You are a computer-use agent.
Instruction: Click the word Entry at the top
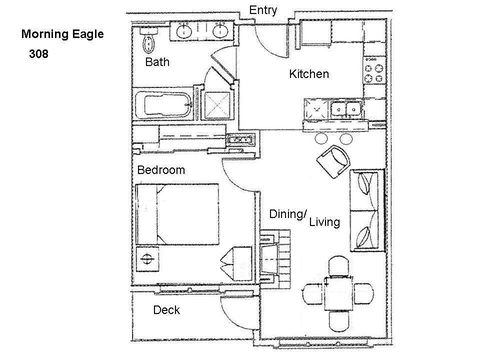click(263, 10)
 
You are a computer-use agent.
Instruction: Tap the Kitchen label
click(309, 74)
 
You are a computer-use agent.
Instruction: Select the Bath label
click(157, 62)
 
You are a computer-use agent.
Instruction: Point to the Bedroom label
click(161, 170)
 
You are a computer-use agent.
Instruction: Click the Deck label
click(166, 310)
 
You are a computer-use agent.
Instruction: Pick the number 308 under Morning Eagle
click(39, 54)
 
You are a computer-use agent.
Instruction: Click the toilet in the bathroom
click(148, 40)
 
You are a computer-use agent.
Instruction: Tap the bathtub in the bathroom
click(163, 105)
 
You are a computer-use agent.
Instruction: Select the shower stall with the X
click(217, 105)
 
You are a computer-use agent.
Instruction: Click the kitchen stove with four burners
click(374, 71)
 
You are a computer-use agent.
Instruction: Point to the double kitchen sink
click(346, 109)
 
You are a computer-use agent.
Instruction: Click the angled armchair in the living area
click(334, 162)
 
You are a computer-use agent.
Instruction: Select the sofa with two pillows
click(367, 210)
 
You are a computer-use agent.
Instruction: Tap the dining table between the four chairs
click(338, 293)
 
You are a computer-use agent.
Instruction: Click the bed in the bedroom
click(177, 214)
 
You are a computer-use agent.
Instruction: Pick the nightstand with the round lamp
click(147, 259)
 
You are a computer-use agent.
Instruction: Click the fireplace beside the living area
click(274, 259)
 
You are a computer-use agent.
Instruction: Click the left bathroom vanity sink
click(184, 32)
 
